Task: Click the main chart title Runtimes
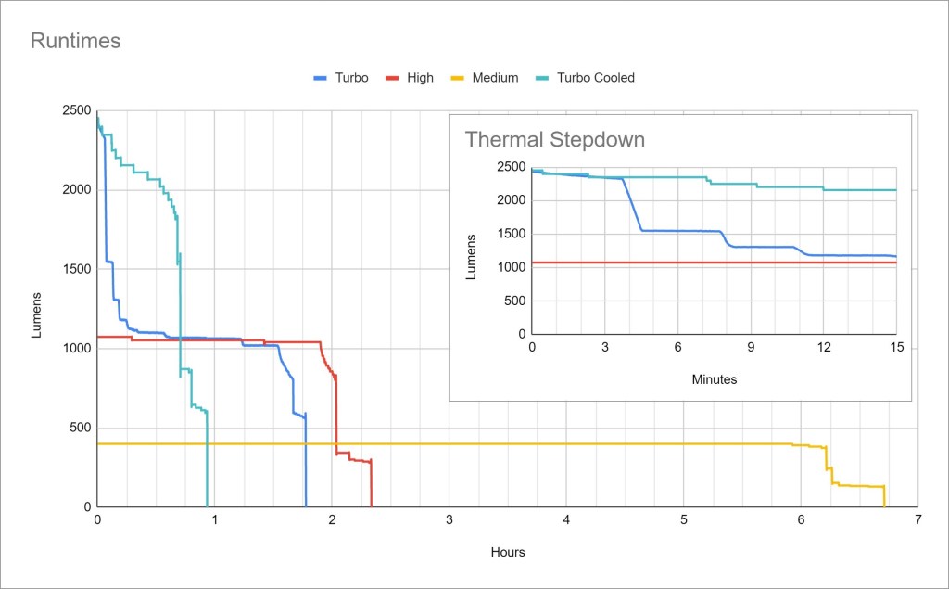(76, 41)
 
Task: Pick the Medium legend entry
(495, 78)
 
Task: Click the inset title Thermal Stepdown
(554, 140)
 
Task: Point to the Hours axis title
(508, 552)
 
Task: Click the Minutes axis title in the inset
(715, 379)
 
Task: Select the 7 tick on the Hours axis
(917, 519)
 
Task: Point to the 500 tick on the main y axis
(80, 428)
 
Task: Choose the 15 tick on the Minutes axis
(896, 347)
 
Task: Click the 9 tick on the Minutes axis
(751, 347)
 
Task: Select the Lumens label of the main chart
(37, 315)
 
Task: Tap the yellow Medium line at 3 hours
(449, 444)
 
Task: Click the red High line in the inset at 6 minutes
(677, 262)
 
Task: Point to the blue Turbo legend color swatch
(322, 78)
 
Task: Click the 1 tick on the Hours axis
(215, 519)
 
